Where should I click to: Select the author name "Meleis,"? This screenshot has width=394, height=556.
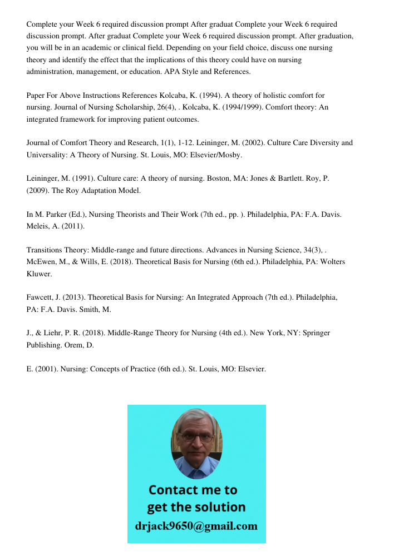point(39,226)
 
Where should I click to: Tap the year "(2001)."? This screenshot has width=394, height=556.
point(46,368)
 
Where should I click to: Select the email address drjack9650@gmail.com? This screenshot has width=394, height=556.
point(196,525)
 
